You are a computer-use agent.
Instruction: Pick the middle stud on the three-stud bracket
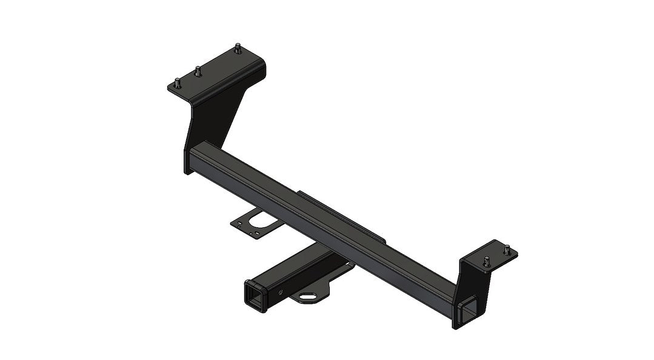198,71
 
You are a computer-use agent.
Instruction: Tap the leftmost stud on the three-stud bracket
177,84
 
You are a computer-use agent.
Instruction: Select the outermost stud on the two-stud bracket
507,247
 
